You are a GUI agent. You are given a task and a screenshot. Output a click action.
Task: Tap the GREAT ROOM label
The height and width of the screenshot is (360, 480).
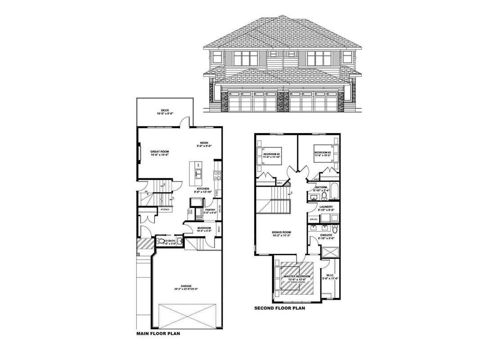coord(159,152)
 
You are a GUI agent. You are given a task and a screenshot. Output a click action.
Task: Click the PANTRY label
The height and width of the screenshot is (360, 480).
coord(210,210)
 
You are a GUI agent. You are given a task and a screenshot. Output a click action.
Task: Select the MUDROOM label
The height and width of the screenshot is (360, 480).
coord(204,228)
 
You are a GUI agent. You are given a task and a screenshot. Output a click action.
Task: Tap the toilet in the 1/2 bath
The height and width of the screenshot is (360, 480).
coord(161,242)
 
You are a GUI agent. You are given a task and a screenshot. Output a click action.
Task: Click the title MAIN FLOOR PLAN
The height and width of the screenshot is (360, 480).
coord(158,334)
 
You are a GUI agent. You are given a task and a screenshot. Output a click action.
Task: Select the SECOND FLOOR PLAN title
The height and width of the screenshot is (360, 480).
coord(279,308)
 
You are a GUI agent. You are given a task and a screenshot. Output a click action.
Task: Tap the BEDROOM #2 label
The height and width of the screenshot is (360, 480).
coord(272,155)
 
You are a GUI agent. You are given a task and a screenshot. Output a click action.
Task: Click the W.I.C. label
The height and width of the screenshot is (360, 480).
coord(330,276)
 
